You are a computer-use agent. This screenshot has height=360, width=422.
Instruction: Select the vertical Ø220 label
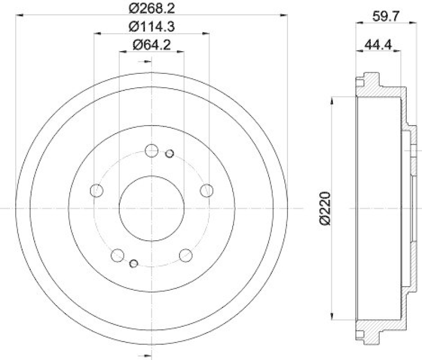325,209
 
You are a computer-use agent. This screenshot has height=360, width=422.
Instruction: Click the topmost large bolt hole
151,150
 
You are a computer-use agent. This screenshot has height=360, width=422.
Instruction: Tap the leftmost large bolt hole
97,191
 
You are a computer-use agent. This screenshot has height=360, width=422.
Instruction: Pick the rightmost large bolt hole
207,190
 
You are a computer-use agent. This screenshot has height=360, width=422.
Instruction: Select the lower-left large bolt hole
117,255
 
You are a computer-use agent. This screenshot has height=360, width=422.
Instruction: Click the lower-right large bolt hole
186,255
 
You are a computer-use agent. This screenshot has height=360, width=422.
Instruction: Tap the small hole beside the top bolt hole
169,154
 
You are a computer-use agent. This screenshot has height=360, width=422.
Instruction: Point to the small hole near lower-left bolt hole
133,263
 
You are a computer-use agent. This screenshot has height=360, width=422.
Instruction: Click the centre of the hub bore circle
151,208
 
